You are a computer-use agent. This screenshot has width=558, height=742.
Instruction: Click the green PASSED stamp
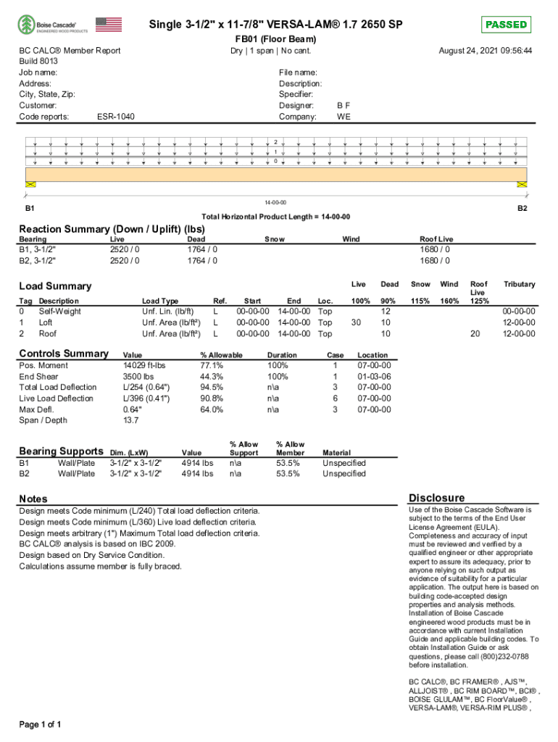[x=506, y=25]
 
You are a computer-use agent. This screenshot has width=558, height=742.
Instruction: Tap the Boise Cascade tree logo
[x=26, y=25]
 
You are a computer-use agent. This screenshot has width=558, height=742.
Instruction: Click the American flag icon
[x=109, y=25]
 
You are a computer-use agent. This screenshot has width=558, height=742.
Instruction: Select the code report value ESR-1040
[x=115, y=117]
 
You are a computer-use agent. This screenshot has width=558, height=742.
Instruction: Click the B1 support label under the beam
[x=30, y=208]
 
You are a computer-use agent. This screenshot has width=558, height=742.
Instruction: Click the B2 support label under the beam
[x=521, y=208]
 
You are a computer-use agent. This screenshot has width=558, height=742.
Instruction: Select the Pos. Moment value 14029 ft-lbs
[x=145, y=366]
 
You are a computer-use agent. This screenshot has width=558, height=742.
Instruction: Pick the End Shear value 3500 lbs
[x=138, y=377]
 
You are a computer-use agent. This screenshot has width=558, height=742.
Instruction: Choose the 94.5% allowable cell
[x=212, y=388]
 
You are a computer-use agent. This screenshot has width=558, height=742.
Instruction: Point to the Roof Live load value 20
[x=475, y=334]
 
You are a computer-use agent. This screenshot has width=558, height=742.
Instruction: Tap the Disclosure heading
[x=436, y=498]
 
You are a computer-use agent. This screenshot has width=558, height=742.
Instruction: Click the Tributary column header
[x=519, y=285]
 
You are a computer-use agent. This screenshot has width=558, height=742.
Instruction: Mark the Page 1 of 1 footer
[x=40, y=725]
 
